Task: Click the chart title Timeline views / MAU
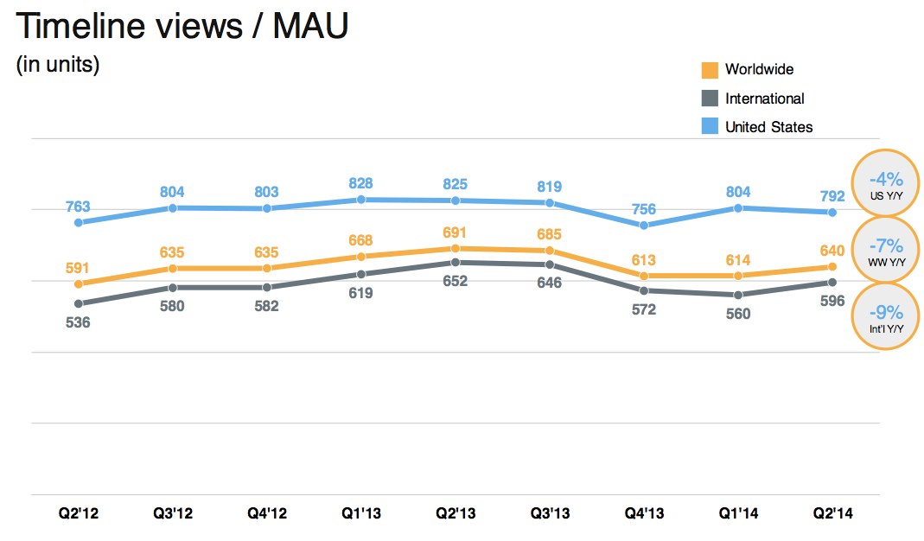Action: coord(182,27)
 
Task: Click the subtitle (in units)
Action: coord(58,65)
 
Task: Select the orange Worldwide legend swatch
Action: coord(710,70)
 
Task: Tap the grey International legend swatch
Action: coord(710,99)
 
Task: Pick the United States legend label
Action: coord(768,127)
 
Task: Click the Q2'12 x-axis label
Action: coord(79,513)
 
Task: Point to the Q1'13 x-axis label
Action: coord(360,513)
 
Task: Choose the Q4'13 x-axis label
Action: coord(643,513)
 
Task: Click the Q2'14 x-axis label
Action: coord(832,513)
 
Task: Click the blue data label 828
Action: coord(361,183)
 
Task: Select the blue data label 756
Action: coord(643,209)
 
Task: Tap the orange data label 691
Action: coord(455,232)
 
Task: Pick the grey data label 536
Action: coord(78,322)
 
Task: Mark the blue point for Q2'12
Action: coord(79,223)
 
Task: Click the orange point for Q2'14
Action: coord(832,267)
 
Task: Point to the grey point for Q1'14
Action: coord(737,295)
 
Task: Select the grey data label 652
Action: coord(455,281)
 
